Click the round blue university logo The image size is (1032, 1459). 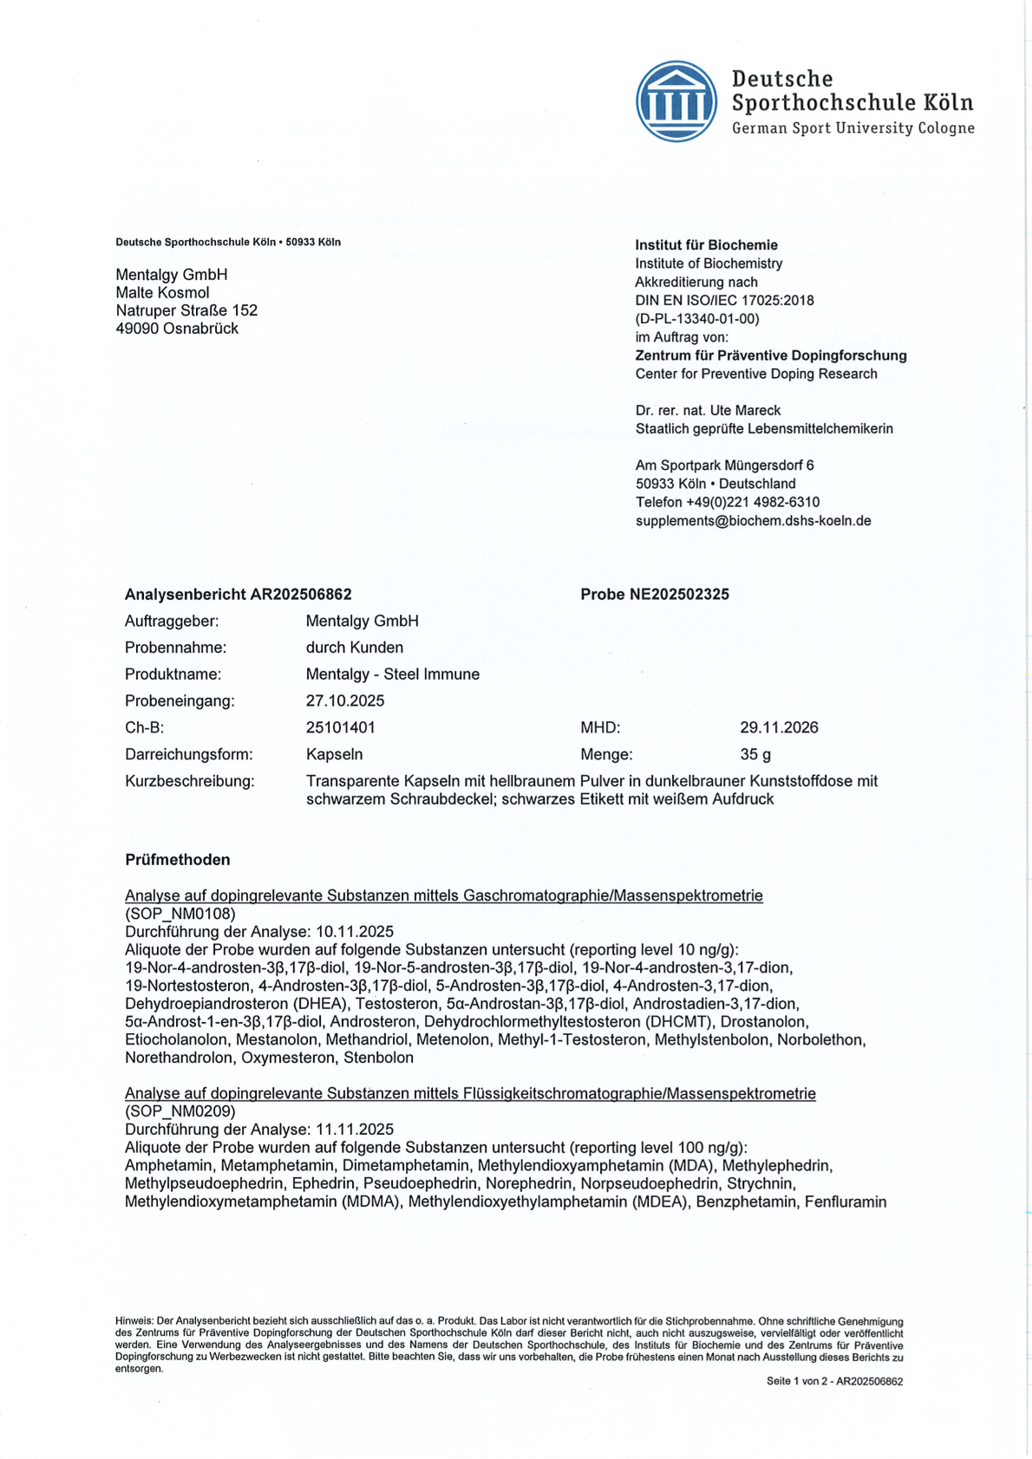pyautogui.click(x=676, y=101)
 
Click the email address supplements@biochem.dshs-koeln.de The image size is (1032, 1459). pyautogui.click(x=753, y=521)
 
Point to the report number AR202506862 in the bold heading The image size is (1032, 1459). pyautogui.click(x=301, y=595)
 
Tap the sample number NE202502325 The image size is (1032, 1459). pyautogui.click(x=679, y=595)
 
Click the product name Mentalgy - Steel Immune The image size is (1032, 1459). pyautogui.click(x=392, y=674)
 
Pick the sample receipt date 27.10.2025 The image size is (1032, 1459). pyautogui.click(x=345, y=701)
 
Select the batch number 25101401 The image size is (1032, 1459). pyautogui.click(x=341, y=728)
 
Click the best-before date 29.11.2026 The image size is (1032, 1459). pyautogui.click(x=779, y=728)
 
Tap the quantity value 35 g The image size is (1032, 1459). pyautogui.click(x=755, y=755)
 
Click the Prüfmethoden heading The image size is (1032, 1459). pyautogui.click(x=178, y=860)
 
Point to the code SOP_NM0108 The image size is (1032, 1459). pyautogui.click(x=180, y=914)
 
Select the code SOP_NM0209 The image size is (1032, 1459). pyautogui.click(x=180, y=1111)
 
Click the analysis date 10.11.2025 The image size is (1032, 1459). pyautogui.click(x=355, y=932)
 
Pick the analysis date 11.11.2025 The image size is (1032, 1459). pyautogui.click(x=355, y=1130)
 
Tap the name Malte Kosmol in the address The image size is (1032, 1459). pyautogui.click(x=162, y=293)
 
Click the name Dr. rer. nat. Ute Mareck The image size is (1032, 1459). pyautogui.click(x=708, y=411)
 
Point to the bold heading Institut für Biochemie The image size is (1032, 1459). pyautogui.click(x=706, y=245)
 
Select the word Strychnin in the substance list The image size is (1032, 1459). pyautogui.click(x=762, y=1184)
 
